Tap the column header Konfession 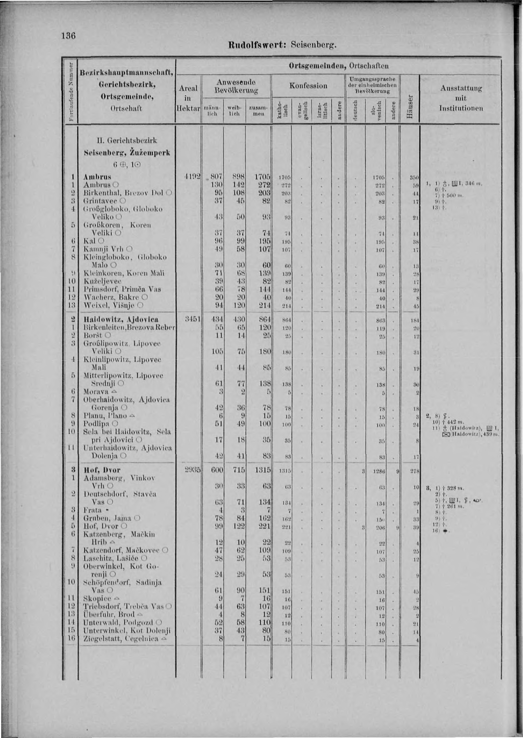pyautogui.click(x=308, y=86)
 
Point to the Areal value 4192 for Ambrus pyautogui.click(x=192, y=177)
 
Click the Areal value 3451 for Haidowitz pyautogui.click(x=193, y=319)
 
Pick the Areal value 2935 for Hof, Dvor pyautogui.click(x=193, y=470)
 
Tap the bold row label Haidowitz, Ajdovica pyautogui.click(x=121, y=320)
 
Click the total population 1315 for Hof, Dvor pyautogui.click(x=263, y=470)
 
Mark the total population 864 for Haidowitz pyautogui.click(x=264, y=320)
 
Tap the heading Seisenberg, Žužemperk pyautogui.click(x=126, y=152)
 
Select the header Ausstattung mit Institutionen pyautogui.click(x=461, y=98)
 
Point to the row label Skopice pyautogui.click(x=97, y=598)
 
